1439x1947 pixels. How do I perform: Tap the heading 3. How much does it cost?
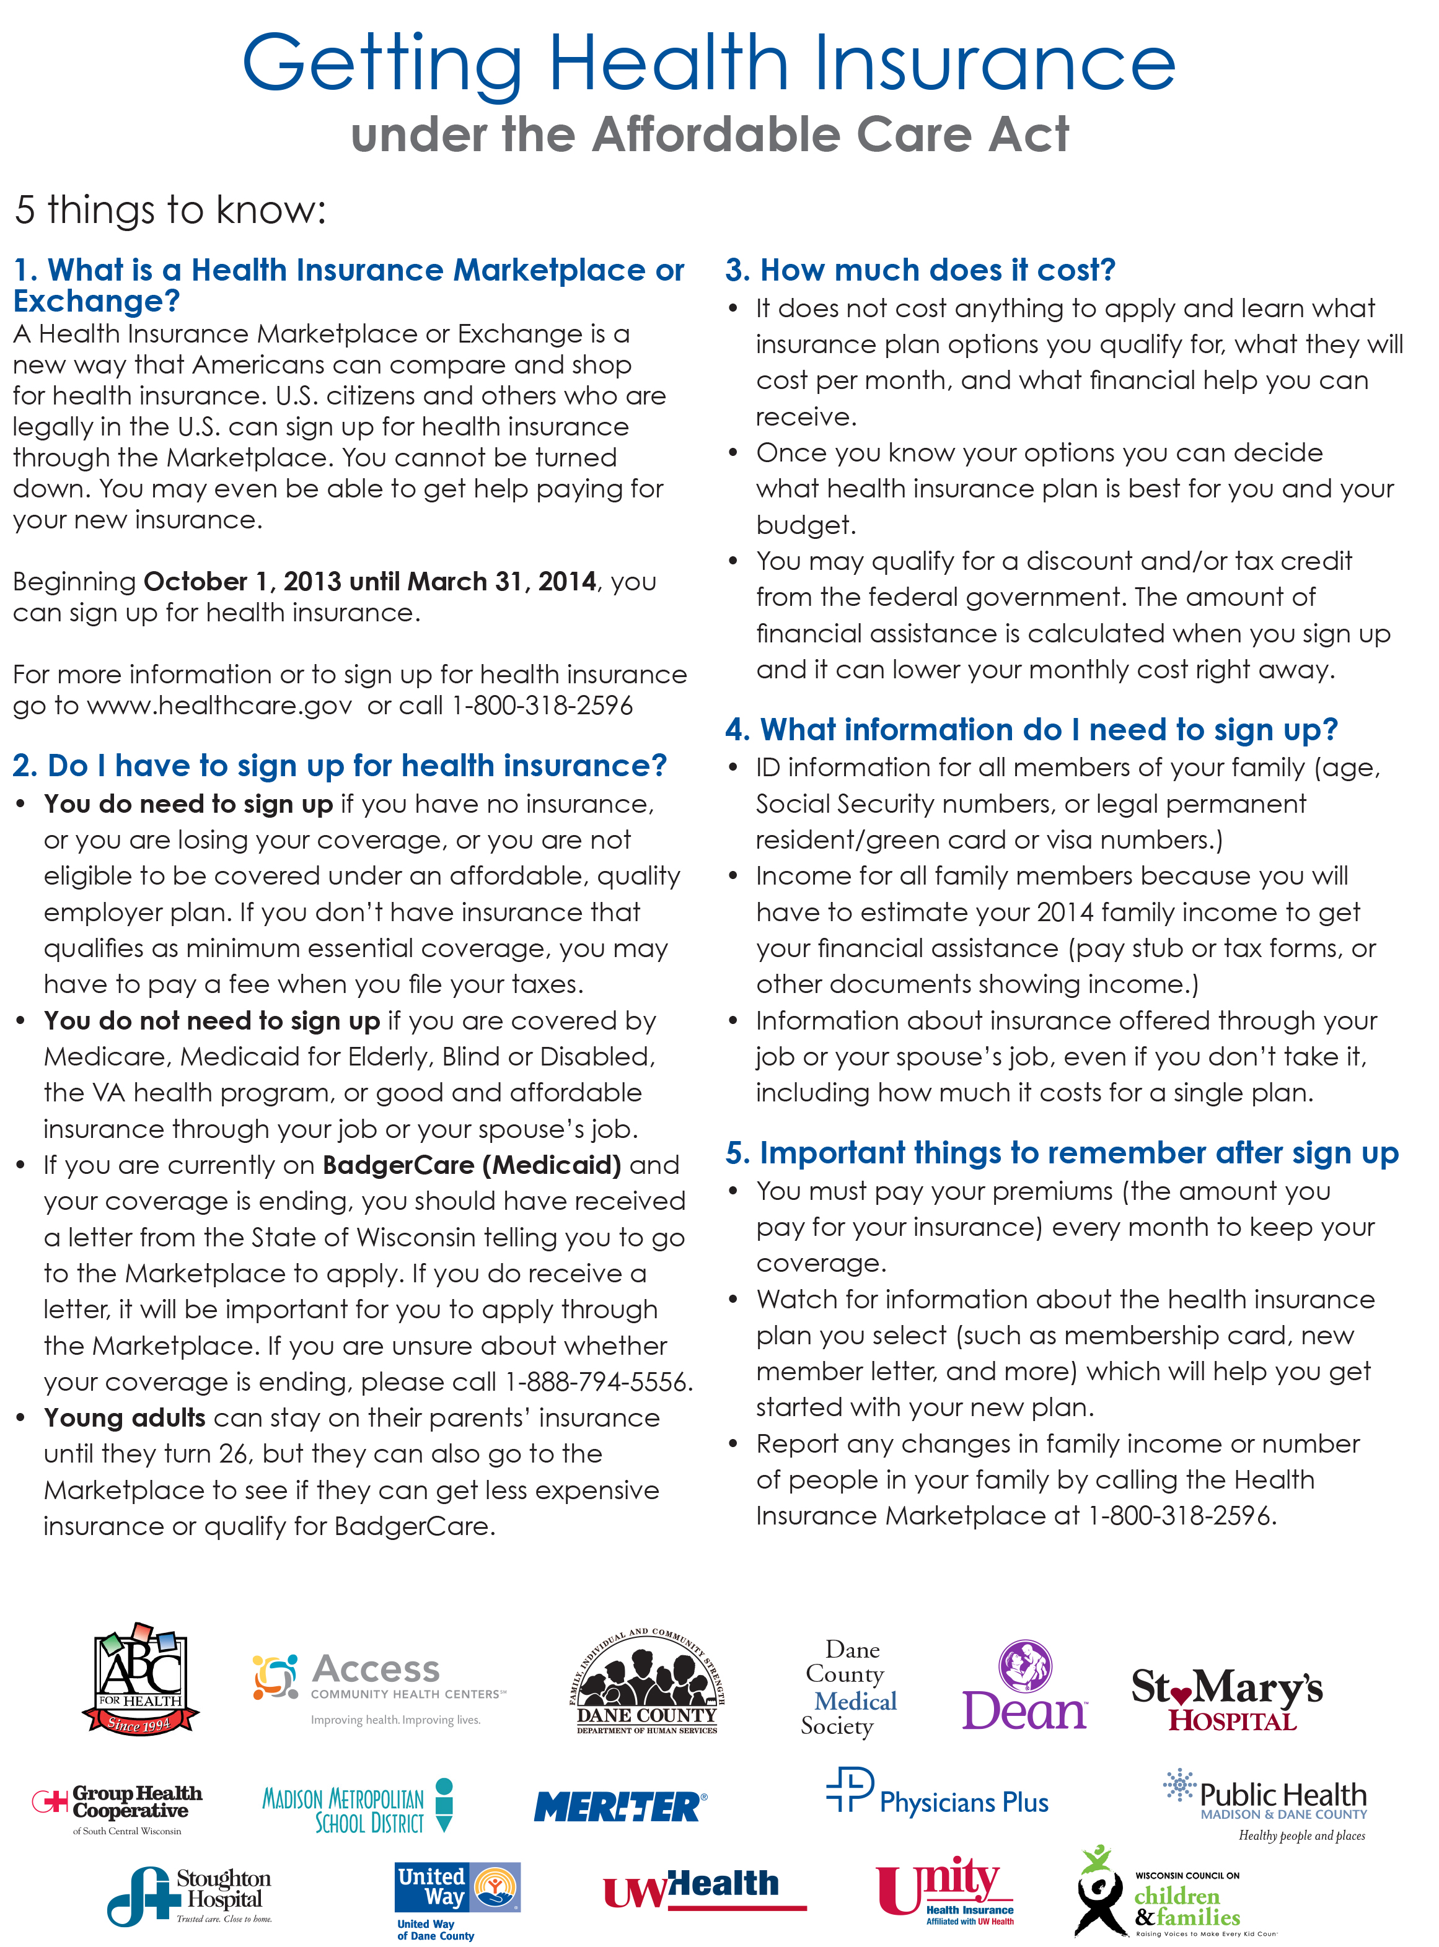coord(920,270)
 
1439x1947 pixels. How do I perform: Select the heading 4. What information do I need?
coord(1031,730)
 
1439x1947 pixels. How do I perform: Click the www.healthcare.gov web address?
coord(219,706)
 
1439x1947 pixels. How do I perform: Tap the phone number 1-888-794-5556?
coord(597,1382)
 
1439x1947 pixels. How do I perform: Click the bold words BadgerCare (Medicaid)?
coord(471,1165)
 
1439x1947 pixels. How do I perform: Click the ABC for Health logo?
coord(140,1681)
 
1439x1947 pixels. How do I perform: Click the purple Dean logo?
coord(1024,1687)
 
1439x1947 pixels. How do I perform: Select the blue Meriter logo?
coord(620,1807)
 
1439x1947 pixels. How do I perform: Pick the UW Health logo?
coord(704,1888)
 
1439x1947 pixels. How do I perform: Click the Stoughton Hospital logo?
coord(189,1896)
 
